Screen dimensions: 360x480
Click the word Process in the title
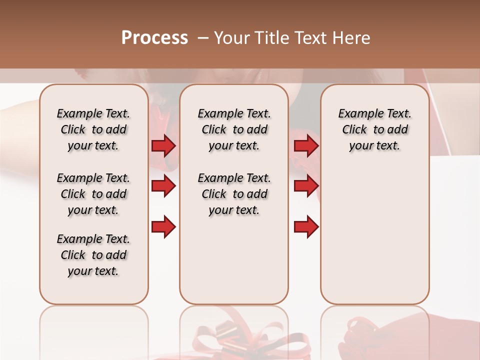pyautogui.click(x=154, y=38)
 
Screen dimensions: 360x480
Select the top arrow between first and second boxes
pyautogui.click(x=163, y=145)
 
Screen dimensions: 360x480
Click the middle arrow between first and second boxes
pyautogui.click(x=163, y=186)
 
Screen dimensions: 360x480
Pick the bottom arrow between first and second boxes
pyautogui.click(x=163, y=227)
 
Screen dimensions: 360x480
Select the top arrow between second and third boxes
pyautogui.click(x=306, y=145)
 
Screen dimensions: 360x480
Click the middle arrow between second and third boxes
pyautogui.click(x=306, y=186)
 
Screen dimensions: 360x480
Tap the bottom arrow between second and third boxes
pyautogui.click(x=306, y=227)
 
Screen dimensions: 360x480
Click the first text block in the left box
pyautogui.click(x=93, y=129)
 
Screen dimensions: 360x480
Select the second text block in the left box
pyautogui.click(x=93, y=194)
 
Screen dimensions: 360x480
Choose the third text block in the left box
pyautogui.click(x=93, y=255)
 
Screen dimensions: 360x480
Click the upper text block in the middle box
pyautogui.click(x=234, y=129)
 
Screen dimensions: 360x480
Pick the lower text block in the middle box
pyautogui.click(x=234, y=194)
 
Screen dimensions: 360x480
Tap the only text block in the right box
pyautogui.click(x=374, y=129)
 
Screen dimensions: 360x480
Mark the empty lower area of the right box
pyautogui.click(x=374, y=235)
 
